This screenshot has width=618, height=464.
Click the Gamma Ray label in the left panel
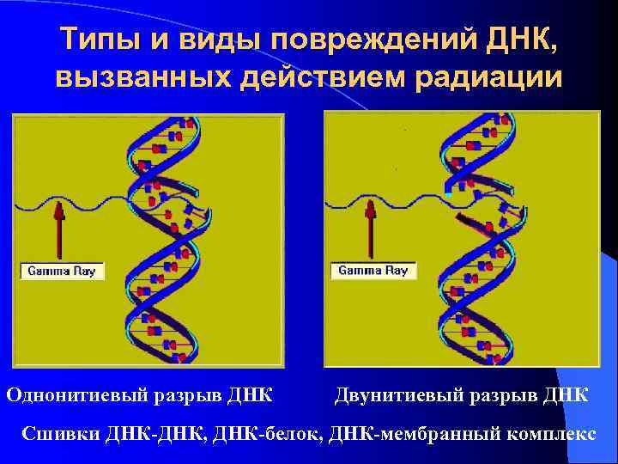tap(63, 272)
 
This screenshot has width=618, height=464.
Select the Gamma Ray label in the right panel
tap(373, 270)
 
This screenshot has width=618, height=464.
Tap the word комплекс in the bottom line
tap(547, 432)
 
